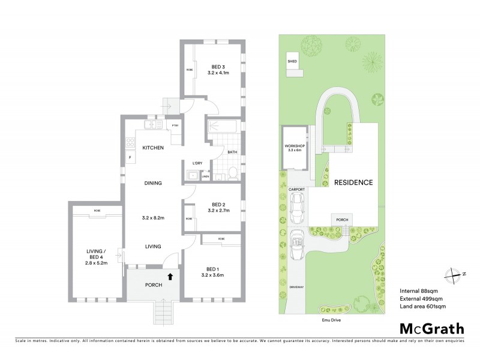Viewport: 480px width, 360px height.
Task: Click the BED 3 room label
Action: click(x=217, y=67)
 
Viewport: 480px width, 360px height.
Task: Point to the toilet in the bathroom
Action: click(x=233, y=173)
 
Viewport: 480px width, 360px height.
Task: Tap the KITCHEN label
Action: click(x=153, y=148)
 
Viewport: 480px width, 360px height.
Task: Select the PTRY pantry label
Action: click(x=176, y=125)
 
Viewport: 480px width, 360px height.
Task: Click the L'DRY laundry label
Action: click(x=197, y=163)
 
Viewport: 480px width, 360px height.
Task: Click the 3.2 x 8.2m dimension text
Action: click(x=153, y=217)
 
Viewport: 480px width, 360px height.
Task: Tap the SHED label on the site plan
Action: click(x=292, y=61)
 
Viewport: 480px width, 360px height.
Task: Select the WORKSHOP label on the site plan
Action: click(x=295, y=146)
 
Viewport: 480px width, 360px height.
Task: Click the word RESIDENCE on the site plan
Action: click(x=353, y=182)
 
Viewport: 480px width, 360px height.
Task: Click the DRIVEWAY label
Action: click(x=297, y=287)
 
